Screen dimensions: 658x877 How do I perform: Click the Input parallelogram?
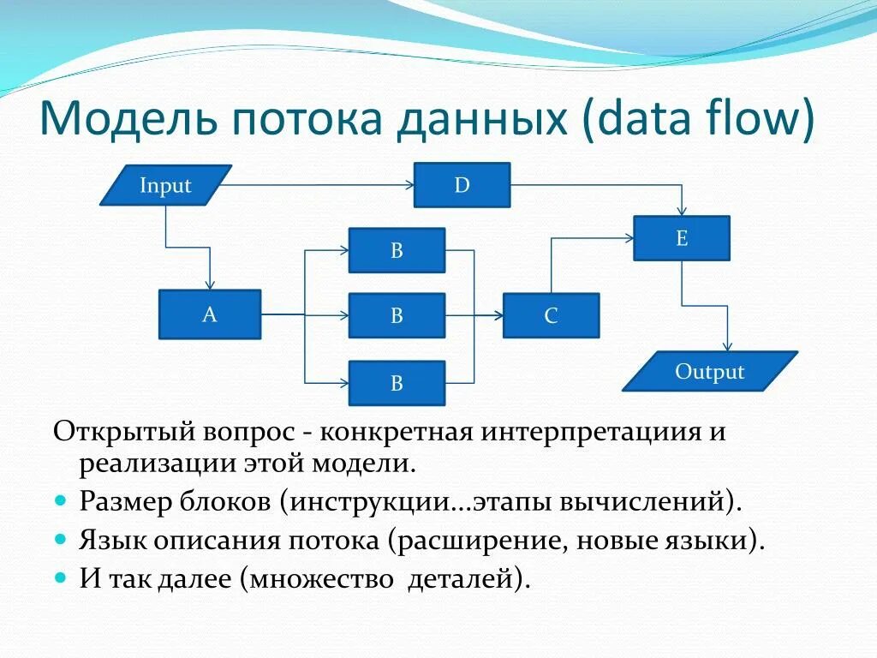(165, 185)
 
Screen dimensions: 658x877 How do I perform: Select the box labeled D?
(462, 185)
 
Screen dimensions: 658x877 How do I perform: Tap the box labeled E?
(682, 238)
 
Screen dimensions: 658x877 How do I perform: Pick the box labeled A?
(210, 314)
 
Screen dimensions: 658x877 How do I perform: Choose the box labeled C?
(551, 315)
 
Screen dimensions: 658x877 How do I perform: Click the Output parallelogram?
(709, 371)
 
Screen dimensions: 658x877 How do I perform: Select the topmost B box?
(397, 250)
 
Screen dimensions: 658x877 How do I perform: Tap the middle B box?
(397, 315)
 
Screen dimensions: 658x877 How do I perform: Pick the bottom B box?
(397, 383)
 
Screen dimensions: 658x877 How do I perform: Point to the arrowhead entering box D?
(409, 185)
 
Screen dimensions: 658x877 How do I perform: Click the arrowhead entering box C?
(498, 315)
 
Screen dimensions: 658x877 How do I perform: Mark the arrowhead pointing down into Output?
(728, 345)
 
